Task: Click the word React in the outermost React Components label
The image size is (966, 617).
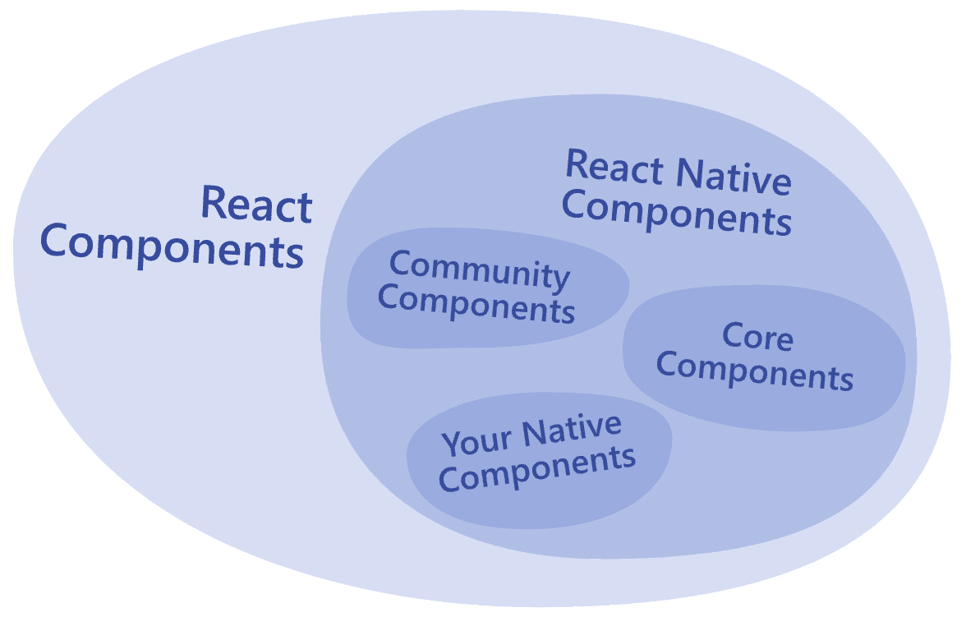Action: [x=256, y=204]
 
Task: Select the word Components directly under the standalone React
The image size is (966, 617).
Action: [x=172, y=246]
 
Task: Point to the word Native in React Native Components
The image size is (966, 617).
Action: [x=734, y=177]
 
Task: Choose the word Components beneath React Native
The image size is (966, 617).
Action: [x=677, y=213]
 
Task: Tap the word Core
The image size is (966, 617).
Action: [x=757, y=337]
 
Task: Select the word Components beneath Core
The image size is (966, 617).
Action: [x=755, y=371]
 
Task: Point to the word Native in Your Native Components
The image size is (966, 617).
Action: [x=573, y=429]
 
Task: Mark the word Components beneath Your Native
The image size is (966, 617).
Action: [x=536, y=470]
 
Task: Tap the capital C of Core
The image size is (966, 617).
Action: [x=734, y=336]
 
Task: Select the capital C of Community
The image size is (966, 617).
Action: [x=401, y=263]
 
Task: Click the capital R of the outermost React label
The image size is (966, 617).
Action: [x=214, y=203]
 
